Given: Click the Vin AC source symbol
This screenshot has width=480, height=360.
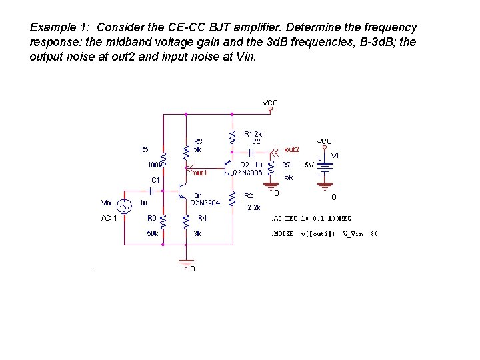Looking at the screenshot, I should click(x=125, y=207).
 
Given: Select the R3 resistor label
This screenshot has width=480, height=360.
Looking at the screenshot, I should click(x=198, y=141).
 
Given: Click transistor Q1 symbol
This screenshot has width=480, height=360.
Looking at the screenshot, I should click(x=181, y=191).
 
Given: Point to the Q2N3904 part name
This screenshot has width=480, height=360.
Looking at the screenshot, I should click(x=204, y=203).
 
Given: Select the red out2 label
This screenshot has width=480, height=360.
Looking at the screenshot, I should click(x=292, y=149).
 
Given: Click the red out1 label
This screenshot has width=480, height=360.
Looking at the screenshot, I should click(x=200, y=173).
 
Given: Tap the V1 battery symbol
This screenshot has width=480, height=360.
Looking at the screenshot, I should click(x=325, y=167).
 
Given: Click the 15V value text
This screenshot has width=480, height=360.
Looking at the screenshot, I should click(x=307, y=164).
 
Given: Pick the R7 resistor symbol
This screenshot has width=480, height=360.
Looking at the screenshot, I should click(x=271, y=171).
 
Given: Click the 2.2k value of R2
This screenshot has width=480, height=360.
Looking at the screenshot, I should click(x=253, y=207).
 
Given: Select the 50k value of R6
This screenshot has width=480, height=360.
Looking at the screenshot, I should click(x=153, y=233).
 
